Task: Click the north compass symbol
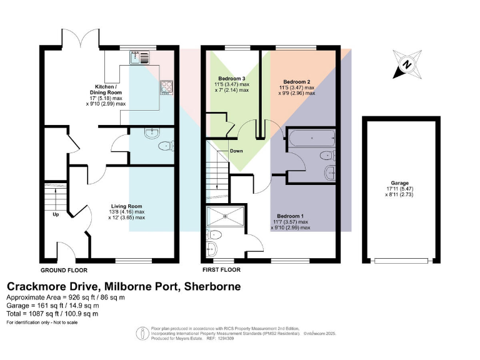[x=407, y=64]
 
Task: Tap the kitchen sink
[x=138, y=57]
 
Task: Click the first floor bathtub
[x=311, y=137]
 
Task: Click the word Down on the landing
[x=236, y=151]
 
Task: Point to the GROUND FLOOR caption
[x=63, y=270]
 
